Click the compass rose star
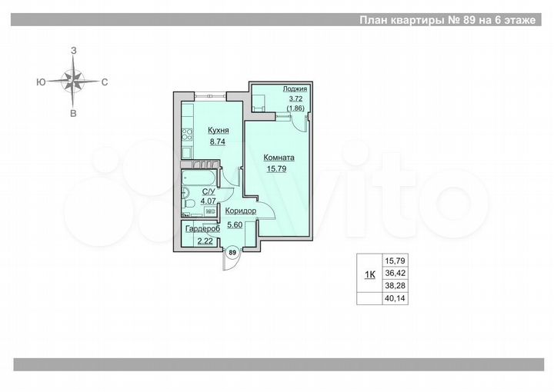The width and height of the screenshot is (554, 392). (74, 80)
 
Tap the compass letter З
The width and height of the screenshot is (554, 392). (74, 50)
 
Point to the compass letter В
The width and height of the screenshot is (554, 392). (74, 114)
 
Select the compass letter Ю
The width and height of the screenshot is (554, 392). (39, 81)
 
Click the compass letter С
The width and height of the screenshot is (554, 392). (105, 81)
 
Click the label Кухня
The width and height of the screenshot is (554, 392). (218, 131)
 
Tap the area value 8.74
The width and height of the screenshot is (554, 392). (218, 143)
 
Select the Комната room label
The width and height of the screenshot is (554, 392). (279, 158)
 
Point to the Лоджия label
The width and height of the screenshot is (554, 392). (295, 90)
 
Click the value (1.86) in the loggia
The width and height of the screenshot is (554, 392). (295, 108)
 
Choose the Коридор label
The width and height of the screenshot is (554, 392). (241, 211)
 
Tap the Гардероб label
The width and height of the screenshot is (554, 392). (203, 229)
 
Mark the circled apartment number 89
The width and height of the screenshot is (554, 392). (232, 251)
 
